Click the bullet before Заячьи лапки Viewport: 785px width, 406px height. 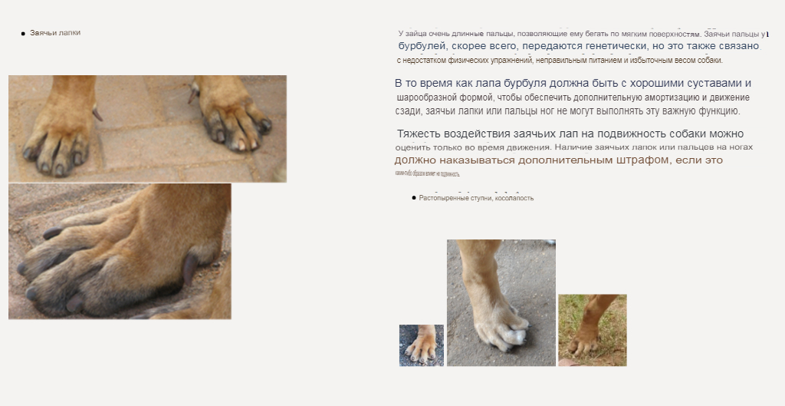pos(23,34)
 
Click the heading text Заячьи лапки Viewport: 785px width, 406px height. pos(55,33)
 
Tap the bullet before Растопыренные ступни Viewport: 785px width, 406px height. pos(414,198)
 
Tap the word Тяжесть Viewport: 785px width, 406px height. pos(419,134)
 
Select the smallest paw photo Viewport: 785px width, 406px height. pos(422,345)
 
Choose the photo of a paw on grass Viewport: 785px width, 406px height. pos(592,330)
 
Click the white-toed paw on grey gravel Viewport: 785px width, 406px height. pos(501,303)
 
